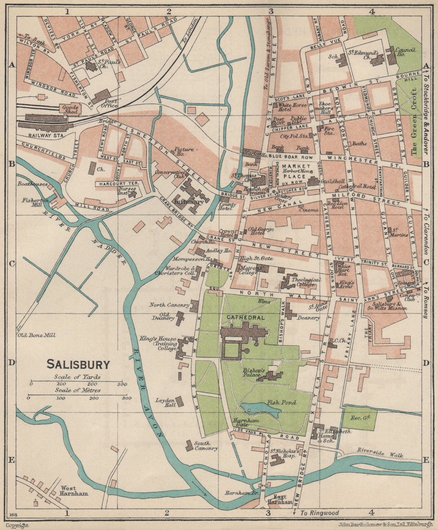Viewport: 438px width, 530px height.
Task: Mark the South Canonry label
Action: click(x=206, y=446)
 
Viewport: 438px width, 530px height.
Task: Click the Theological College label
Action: click(x=306, y=282)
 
